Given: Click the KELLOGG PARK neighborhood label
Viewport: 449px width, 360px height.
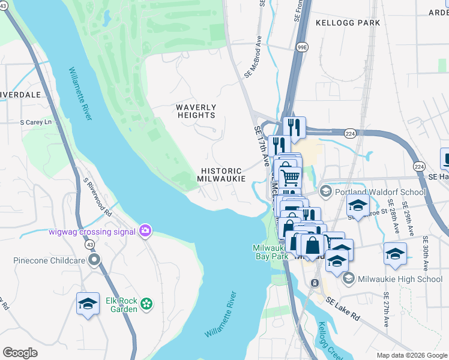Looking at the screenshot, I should coord(348,23).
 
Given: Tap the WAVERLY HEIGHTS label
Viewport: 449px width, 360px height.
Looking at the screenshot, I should coord(196,111).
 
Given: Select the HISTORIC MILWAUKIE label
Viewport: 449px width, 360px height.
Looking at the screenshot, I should coord(222,175).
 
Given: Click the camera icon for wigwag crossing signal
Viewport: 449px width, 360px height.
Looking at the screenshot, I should coord(145,230).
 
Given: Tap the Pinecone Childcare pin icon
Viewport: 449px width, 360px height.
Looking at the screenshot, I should coord(94,260).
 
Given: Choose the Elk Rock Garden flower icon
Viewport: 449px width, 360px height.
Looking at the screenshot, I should coord(146,305).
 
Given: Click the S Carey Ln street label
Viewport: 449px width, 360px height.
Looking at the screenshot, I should coord(36,122).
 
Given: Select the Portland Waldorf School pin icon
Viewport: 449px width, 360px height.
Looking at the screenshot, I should coord(326,192).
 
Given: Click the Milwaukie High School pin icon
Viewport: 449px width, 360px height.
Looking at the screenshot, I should coord(349,279).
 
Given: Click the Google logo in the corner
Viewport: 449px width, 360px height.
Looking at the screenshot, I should coord(20,352).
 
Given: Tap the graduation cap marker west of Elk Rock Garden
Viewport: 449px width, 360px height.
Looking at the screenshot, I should coord(88,304).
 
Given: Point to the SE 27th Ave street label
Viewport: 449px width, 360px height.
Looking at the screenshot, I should coord(387,310).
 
